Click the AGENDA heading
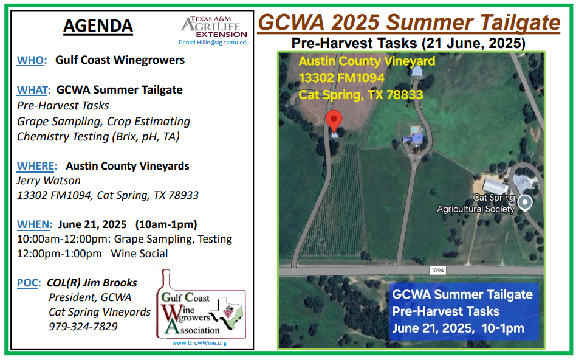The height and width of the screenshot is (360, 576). pos(98,26)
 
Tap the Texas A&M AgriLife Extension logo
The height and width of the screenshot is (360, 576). pos(214,27)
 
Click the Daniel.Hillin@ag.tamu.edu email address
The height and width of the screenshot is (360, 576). pos(214,43)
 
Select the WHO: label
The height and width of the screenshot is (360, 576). pos(32,60)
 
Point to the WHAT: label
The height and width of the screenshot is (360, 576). pos(33,90)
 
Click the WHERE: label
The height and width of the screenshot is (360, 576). pos(37,166)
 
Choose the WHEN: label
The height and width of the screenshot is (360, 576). pos(35,224)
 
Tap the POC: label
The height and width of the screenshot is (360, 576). pos(29,283)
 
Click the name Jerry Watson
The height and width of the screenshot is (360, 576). pos(49,181)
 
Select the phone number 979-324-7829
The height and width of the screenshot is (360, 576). pos(83,327)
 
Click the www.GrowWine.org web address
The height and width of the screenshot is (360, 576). pos(199,343)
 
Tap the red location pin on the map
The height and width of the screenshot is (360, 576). pos(334,121)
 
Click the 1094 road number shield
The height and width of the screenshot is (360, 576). pos(437,271)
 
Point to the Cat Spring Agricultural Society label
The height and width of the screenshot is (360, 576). pos(476,203)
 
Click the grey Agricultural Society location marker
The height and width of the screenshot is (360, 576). pos(525,202)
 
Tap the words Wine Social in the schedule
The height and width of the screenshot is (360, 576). pos(140,254)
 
